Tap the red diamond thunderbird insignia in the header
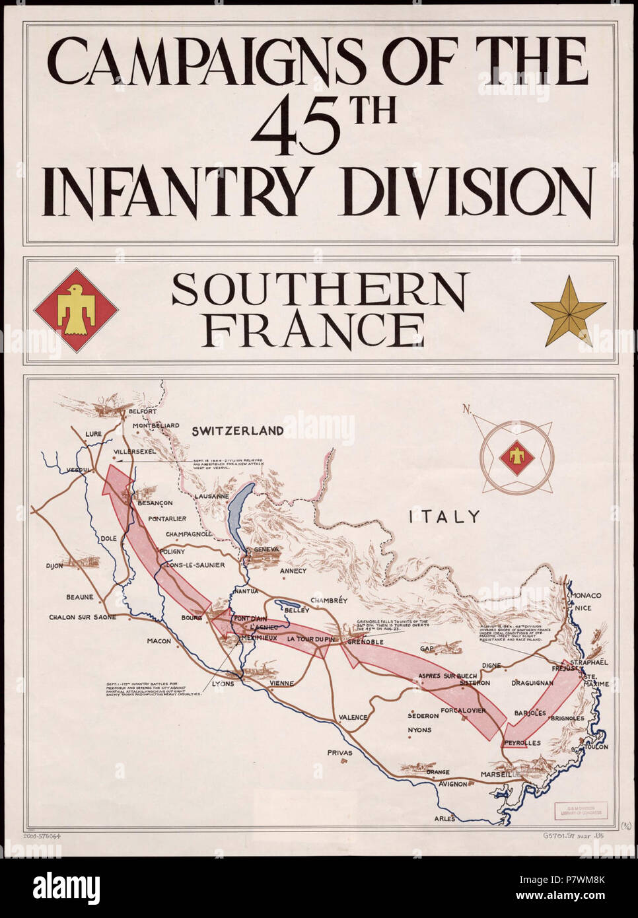(76, 310)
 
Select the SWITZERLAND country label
(238, 431)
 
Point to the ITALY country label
(444, 516)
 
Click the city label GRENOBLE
(365, 641)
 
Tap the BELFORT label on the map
(143, 411)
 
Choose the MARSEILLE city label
(498, 773)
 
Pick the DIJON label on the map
(54, 565)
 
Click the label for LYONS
(223, 684)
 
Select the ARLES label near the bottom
(444, 818)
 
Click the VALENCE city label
(353, 717)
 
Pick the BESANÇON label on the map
(155, 503)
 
